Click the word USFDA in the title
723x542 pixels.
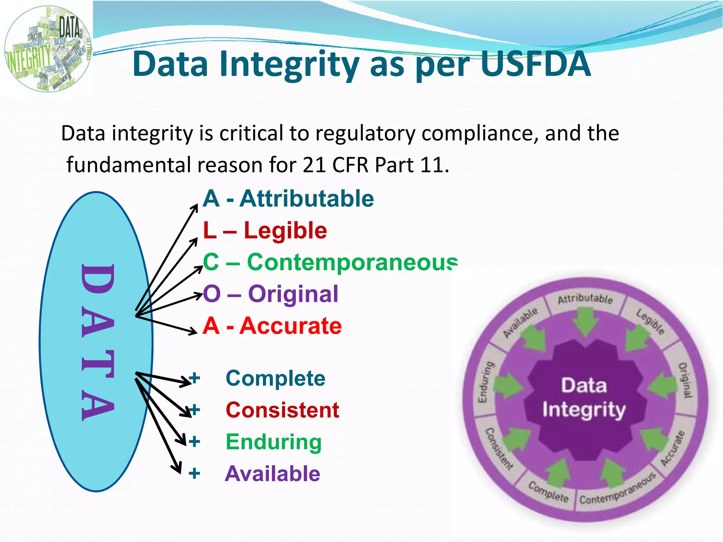coord(536,64)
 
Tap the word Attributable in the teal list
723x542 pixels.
coord(306,199)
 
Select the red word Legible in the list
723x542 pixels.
coord(285,231)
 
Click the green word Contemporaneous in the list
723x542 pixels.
coord(352,262)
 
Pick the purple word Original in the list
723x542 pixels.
coord(293,294)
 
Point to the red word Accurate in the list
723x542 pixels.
coord(291,326)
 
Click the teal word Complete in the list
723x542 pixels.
coord(275,379)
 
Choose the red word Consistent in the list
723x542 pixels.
coord(282,410)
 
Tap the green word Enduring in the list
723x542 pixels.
coord(274,442)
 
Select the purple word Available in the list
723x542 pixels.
coord(273,473)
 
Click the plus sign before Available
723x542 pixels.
coord(194,473)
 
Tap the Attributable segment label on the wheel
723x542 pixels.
coord(585,299)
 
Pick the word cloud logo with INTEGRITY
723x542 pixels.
coord(48,49)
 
